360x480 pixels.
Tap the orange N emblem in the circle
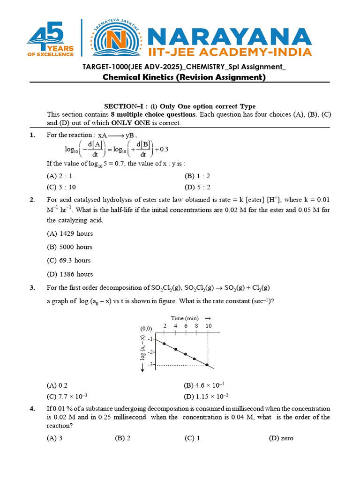pos(115,40)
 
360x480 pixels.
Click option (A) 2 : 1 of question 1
pos(60,176)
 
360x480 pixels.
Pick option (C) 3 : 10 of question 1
pos(61,187)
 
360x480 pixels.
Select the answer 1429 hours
pos(70,233)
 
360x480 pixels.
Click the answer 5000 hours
pos(70,247)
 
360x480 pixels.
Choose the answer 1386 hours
pos(70,274)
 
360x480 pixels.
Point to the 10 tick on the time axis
pos(208,326)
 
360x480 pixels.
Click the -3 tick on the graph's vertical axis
pos(150,365)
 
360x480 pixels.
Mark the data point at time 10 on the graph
pos(208,365)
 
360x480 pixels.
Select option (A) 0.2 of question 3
pos(57,385)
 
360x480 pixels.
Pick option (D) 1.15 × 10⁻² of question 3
pos(206,396)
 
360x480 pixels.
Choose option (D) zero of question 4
pos(281,438)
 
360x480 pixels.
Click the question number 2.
pos(32,200)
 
